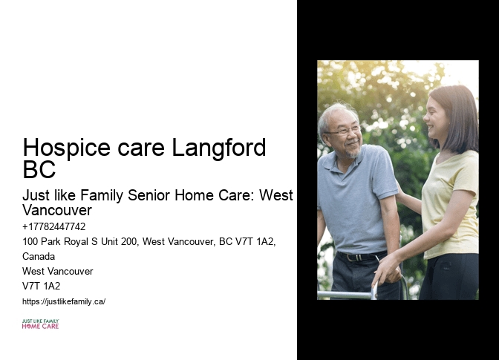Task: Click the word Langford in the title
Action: point(219,148)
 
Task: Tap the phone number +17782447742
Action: point(54,226)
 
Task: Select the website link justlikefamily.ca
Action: point(64,301)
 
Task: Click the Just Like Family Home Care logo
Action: point(40,324)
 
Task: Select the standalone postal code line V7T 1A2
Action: point(42,286)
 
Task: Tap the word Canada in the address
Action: point(39,256)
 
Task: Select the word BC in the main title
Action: point(39,170)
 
